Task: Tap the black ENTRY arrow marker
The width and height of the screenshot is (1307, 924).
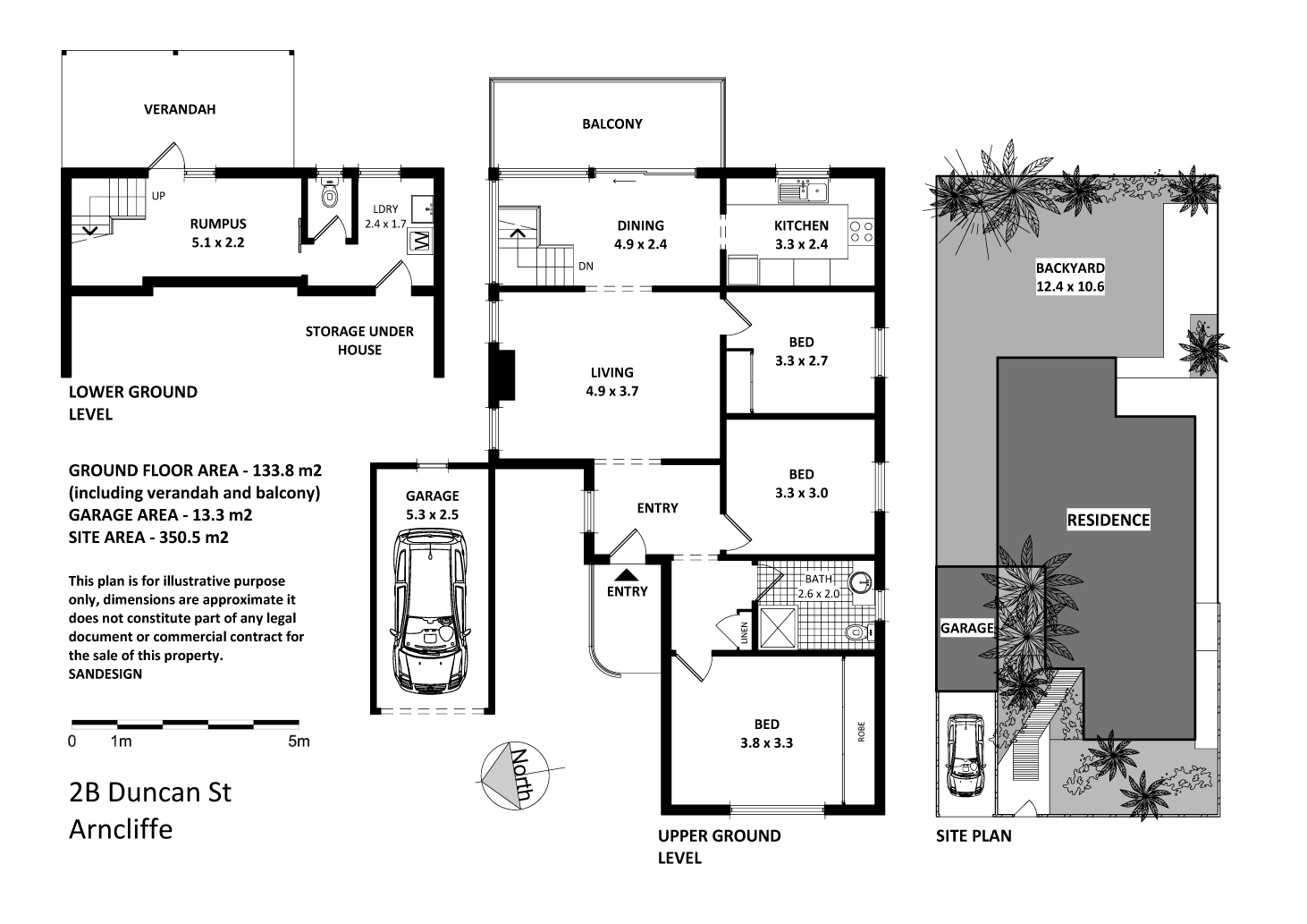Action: coord(627,574)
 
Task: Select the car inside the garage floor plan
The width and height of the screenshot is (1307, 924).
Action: coord(432,611)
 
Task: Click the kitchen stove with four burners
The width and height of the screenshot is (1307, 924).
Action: coord(861,233)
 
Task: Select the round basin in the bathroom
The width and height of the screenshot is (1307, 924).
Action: coord(861,582)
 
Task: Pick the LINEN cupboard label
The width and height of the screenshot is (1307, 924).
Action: coord(744,633)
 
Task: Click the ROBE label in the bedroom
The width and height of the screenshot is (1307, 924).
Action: coord(862,733)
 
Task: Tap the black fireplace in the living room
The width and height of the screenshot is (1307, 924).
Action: coord(503,376)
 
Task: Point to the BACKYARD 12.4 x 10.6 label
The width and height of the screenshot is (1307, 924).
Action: coord(1070,277)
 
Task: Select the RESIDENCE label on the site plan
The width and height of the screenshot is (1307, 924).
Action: coord(1108,520)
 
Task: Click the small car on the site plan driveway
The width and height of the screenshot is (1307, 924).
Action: coord(965,754)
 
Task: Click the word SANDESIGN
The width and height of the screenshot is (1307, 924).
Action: coord(105,674)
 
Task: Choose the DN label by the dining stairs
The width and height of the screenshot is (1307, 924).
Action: coord(586,266)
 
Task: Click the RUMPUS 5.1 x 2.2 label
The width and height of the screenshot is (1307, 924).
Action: coord(217,233)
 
